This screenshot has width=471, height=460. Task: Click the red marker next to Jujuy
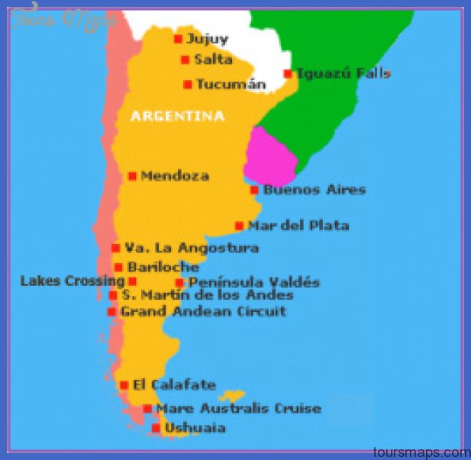point(178,39)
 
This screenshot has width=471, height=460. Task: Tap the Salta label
point(213,60)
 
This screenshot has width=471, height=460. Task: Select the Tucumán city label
point(231,85)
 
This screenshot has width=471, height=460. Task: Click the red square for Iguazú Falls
point(288,74)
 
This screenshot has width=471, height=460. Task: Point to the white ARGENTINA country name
point(178,117)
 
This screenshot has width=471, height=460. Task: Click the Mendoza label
point(175,176)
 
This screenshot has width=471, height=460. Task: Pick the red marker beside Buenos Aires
point(254,190)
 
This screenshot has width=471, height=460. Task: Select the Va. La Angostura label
point(192,248)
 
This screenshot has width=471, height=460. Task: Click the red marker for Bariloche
point(118,267)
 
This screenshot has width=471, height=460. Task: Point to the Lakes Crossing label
point(73,281)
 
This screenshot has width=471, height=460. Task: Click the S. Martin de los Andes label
point(207,295)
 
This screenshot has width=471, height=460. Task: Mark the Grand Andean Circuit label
point(203,311)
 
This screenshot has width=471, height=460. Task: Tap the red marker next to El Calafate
point(124,385)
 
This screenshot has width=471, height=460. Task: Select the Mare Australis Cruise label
point(238,409)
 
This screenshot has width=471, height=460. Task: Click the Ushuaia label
point(195,428)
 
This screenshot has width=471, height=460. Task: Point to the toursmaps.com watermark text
point(423,452)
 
